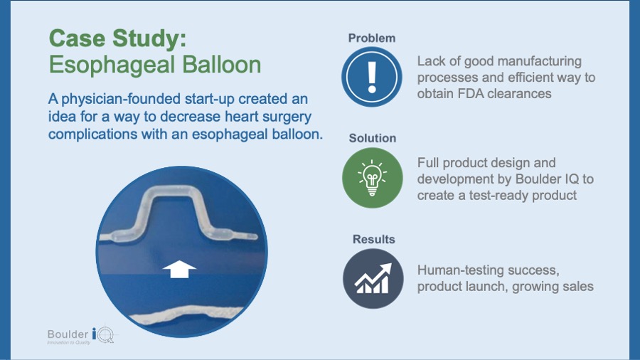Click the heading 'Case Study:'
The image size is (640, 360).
117,39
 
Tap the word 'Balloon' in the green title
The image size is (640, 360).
221,65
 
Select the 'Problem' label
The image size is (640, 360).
371,38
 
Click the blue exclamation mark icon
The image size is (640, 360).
371,77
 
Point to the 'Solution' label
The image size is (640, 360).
372,138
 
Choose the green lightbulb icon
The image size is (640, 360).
372,178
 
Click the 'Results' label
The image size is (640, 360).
373,239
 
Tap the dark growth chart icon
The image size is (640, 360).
373,279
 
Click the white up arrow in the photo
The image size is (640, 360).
179,269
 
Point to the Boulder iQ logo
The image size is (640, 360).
81,336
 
